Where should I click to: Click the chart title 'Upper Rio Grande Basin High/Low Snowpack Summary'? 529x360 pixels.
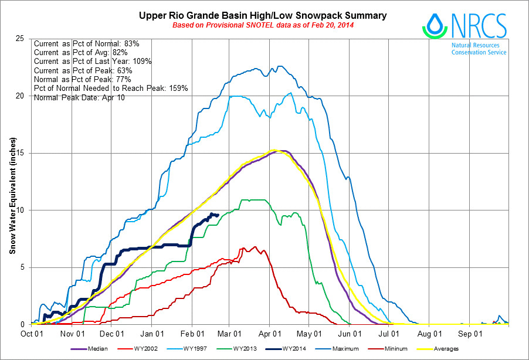click(x=263, y=15)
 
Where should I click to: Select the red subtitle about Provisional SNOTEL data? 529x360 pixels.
click(x=263, y=25)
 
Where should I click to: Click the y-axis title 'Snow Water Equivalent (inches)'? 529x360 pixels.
click(x=12, y=197)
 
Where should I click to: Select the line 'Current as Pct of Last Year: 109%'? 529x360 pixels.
click(x=93, y=62)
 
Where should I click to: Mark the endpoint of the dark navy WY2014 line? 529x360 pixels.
click(x=218, y=215)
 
